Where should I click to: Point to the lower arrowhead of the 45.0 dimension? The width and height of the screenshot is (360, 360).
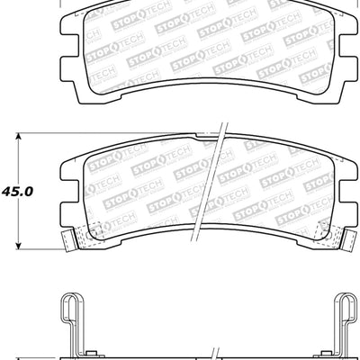[20, 248]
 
